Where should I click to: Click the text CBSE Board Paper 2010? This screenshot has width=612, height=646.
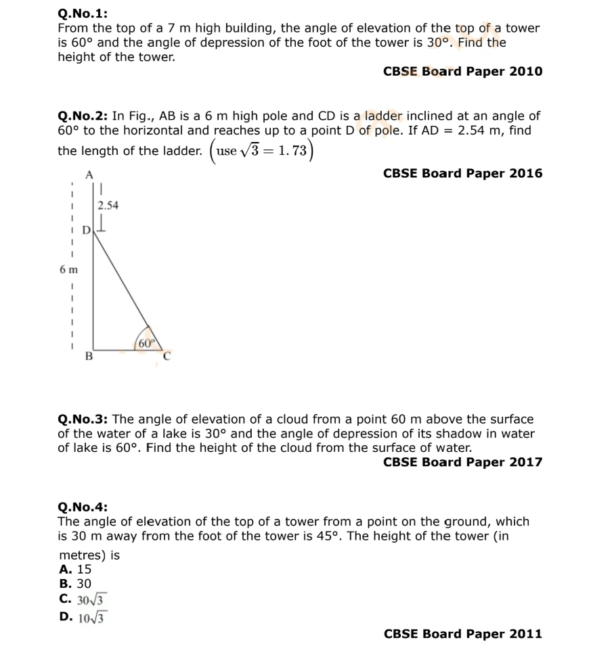(462, 71)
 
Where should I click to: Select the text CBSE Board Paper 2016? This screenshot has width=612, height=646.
(462, 173)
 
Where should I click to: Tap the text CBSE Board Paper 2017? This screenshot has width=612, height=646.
(462, 462)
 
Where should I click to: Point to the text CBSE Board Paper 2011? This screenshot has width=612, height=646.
(462, 634)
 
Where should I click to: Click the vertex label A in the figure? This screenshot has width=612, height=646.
(89, 175)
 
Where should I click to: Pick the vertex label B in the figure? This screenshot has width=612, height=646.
(88, 356)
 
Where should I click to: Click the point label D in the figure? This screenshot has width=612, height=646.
(86, 231)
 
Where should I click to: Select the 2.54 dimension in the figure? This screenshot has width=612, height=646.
(108, 206)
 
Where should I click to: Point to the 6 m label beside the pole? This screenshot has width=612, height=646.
(68, 269)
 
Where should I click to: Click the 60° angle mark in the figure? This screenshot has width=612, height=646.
(146, 343)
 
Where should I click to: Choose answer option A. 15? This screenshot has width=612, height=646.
(75, 569)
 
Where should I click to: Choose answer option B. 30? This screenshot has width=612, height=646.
(75, 583)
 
